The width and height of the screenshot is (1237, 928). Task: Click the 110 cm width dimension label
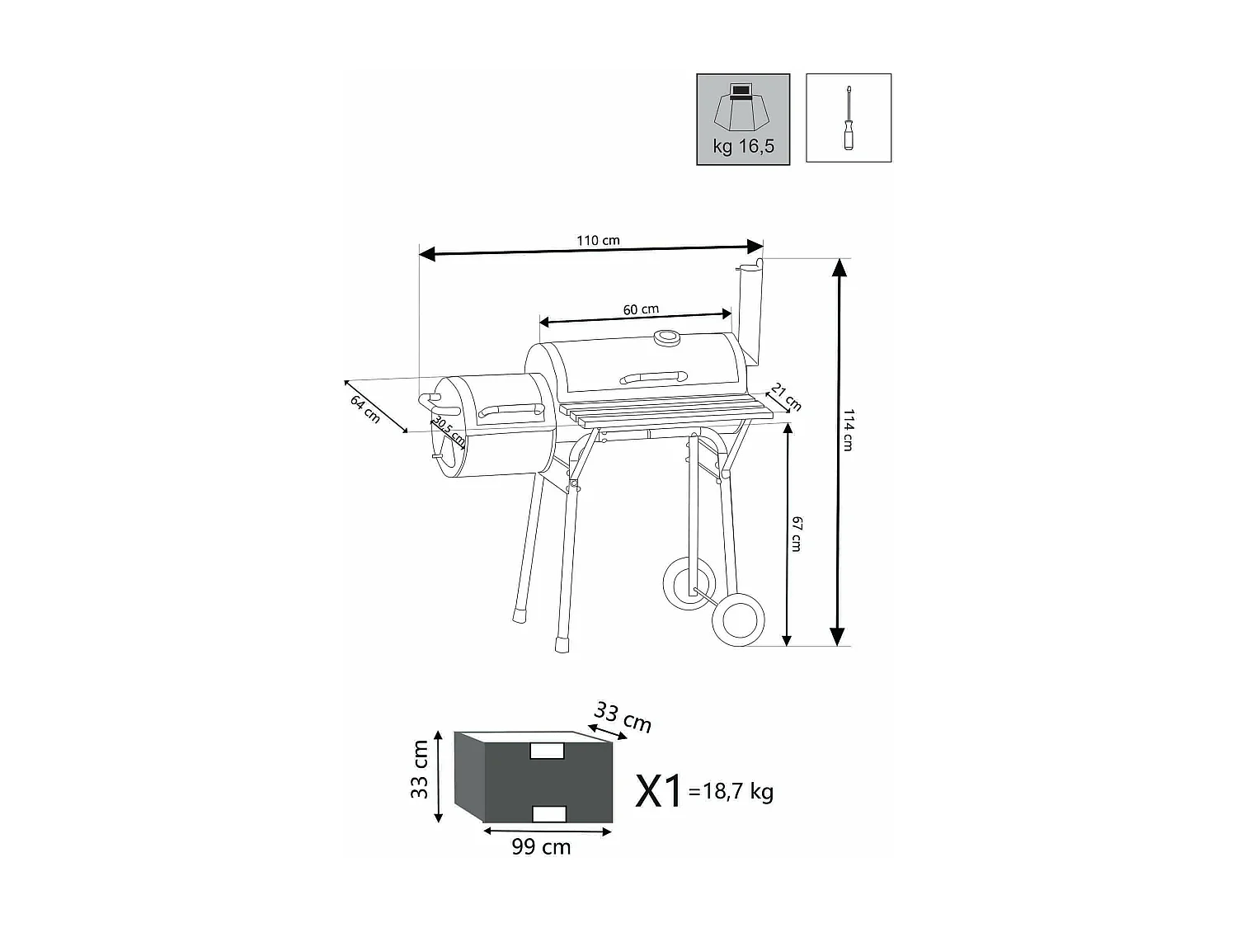598,241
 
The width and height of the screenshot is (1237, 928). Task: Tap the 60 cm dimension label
641,310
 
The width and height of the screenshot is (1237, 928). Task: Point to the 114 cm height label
848,430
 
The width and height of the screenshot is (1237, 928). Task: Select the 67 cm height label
797,534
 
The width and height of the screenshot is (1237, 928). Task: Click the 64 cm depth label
365,409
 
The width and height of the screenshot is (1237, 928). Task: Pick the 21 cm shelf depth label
786,397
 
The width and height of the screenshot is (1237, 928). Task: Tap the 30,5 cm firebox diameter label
449,431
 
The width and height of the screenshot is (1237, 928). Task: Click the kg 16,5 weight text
743,147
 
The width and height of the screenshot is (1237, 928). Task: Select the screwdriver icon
849,118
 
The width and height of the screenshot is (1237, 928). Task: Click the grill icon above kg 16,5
742,106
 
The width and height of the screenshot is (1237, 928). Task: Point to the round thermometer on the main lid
666,337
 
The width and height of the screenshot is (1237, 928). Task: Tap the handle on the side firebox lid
510,411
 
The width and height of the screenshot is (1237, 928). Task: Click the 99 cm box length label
541,847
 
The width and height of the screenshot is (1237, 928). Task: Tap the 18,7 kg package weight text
737,792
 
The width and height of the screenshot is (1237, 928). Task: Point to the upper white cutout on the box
548,751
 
